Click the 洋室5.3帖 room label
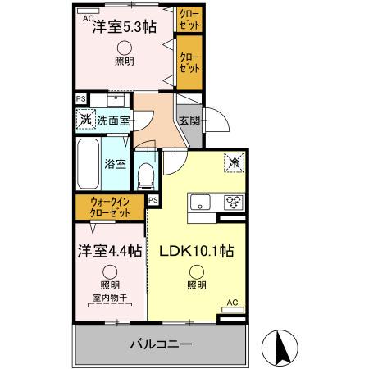click(x=123, y=25)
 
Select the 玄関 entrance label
click(x=189, y=121)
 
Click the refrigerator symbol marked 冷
click(x=234, y=163)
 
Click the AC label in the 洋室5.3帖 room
click(x=87, y=16)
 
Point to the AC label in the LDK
click(x=233, y=302)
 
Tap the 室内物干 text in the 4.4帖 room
click(x=109, y=299)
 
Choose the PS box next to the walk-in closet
click(x=153, y=199)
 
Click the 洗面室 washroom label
click(x=113, y=121)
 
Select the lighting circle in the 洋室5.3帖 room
click(x=123, y=48)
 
